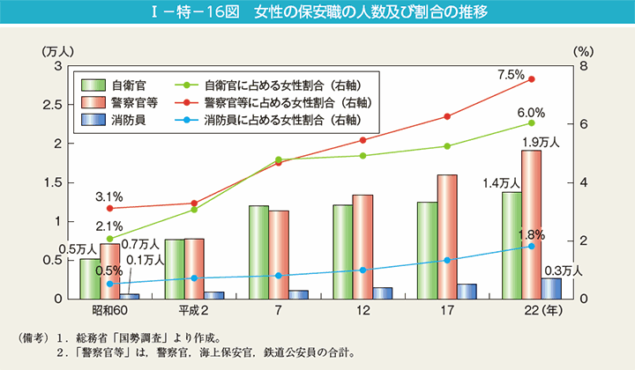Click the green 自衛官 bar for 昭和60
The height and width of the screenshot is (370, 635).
[x=89, y=278]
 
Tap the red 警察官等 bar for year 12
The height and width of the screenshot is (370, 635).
[x=362, y=247]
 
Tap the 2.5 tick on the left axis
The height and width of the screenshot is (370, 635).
[x=52, y=105]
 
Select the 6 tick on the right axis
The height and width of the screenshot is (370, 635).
[x=583, y=124]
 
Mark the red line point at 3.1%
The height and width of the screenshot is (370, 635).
[x=109, y=209]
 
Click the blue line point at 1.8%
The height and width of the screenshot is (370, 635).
[x=531, y=246]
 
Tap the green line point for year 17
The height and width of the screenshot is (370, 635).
[x=447, y=146]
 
